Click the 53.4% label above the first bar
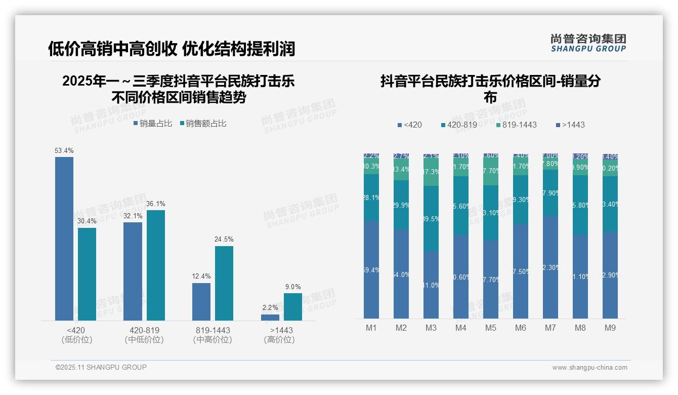click(x=64, y=150)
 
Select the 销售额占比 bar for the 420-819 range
click(x=156, y=265)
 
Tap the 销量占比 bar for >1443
click(x=270, y=318)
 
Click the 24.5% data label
click(x=224, y=239)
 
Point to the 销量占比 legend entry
click(x=153, y=124)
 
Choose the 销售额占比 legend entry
click(x=203, y=124)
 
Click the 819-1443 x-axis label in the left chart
click(x=213, y=330)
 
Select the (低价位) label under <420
click(x=76, y=340)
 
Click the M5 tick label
click(x=490, y=328)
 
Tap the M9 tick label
click(x=610, y=328)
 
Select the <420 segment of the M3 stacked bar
click(x=431, y=285)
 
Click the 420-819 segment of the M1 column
click(x=371, y=197)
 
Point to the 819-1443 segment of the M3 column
click(x=431, y=172)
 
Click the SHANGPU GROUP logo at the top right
click(x=588, y=43)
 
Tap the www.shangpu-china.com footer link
click(x=589, y=368)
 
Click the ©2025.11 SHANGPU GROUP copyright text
click(x=101, y=367)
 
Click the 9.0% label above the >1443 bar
click(x=293, y=287)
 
